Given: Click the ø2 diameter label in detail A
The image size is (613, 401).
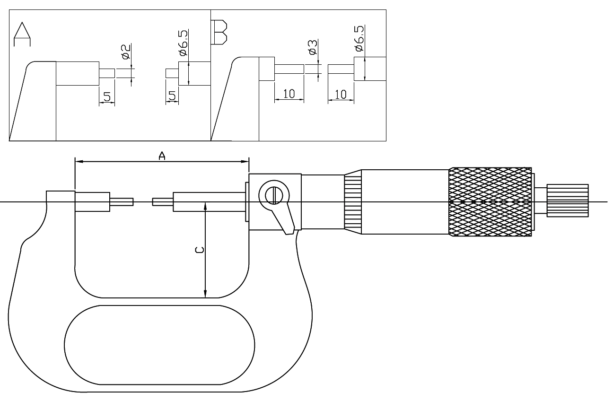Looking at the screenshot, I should click(126, 52).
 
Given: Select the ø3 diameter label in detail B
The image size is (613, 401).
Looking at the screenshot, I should click(312, 48).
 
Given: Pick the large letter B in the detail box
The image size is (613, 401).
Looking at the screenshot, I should click(219, 32).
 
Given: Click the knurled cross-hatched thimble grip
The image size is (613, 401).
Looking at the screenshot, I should click(490, 201).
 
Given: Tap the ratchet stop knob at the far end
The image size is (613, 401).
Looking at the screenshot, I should click(567, 200).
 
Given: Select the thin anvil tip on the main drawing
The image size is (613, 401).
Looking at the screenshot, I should click(122, 202).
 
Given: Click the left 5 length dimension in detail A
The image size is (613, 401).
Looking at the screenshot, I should click(107, 97).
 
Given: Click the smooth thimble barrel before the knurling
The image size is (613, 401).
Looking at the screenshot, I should click(404, 201).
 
